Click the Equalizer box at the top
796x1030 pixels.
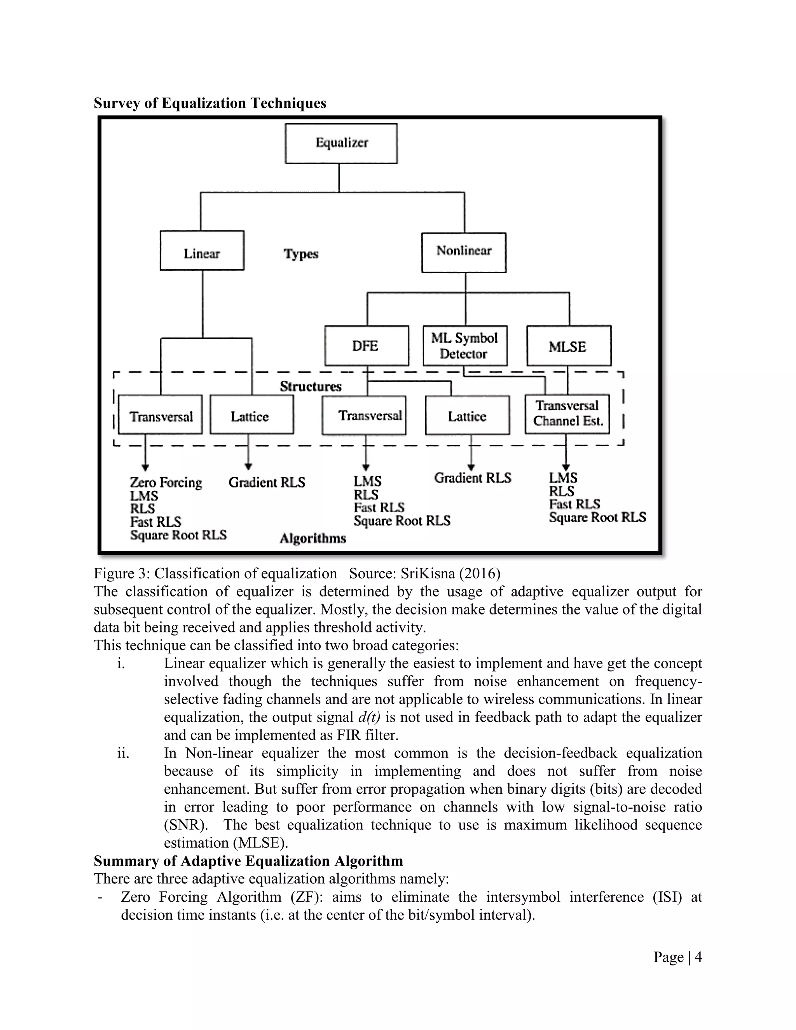coord(341,143)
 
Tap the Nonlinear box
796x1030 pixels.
coord(464,252)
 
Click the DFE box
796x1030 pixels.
coord(367,346)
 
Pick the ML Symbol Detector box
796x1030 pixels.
coord(464,346)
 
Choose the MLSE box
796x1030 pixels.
coord(568,346)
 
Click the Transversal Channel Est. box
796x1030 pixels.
coord(567,414)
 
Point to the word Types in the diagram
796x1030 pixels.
coord(300,254)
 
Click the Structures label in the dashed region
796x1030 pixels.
coord(310,386)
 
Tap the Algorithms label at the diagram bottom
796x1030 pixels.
coord(312,538)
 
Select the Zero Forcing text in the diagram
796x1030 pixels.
coord(166,482)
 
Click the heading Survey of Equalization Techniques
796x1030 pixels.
coord(210,103)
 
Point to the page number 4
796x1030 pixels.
coord(698,957)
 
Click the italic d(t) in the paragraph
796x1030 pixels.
coord(369,718)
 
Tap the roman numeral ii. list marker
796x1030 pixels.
coord(123,753)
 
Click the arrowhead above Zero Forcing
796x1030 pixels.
coord(145,468)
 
